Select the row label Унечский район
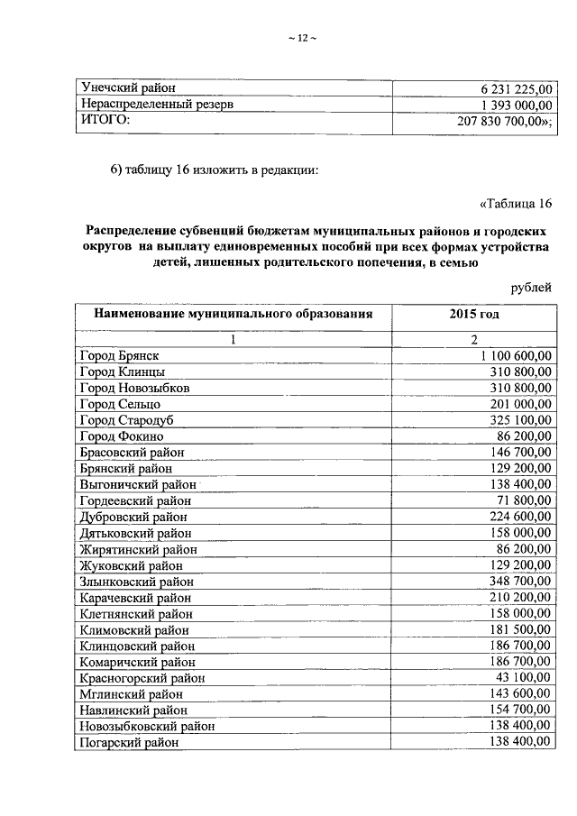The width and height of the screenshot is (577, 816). pos(128,88)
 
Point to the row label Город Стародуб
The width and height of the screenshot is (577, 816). pos(124,420)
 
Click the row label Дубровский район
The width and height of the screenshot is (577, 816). pos(134,517)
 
